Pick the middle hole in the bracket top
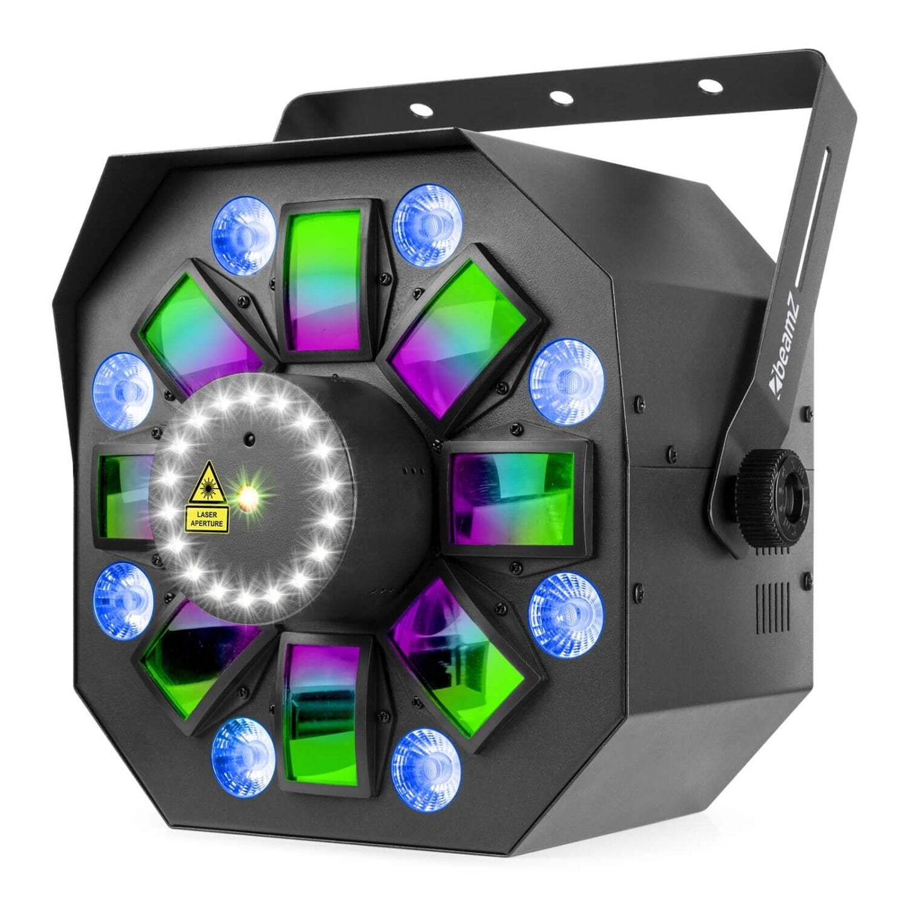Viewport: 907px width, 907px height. click(556, 97)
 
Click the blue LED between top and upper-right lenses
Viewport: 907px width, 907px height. click(426, 220)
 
